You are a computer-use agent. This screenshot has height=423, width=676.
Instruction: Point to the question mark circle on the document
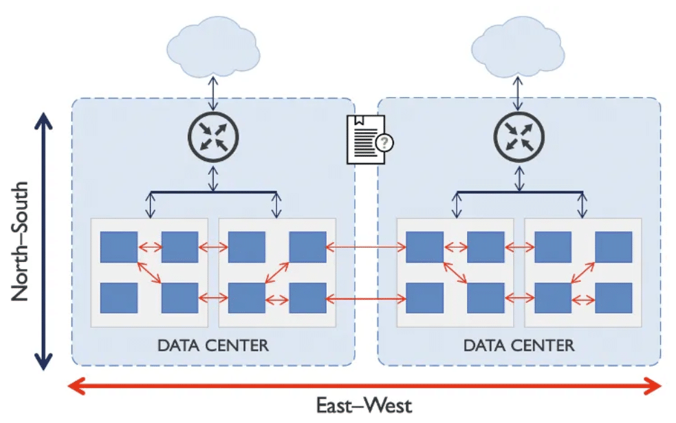click(386, 143)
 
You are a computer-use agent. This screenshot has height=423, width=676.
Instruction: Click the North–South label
click(20, 241)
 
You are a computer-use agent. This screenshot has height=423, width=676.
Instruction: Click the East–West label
click(364, 405)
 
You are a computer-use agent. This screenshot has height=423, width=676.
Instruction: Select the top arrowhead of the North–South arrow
click(43, 121)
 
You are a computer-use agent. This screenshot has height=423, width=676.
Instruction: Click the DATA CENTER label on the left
click(212, 345)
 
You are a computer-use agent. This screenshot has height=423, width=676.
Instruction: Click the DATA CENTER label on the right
click(519, 345)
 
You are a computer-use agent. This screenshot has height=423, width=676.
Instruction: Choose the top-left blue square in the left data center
click(119, 247)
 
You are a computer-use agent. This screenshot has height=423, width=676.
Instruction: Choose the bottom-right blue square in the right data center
click(613, 298)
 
